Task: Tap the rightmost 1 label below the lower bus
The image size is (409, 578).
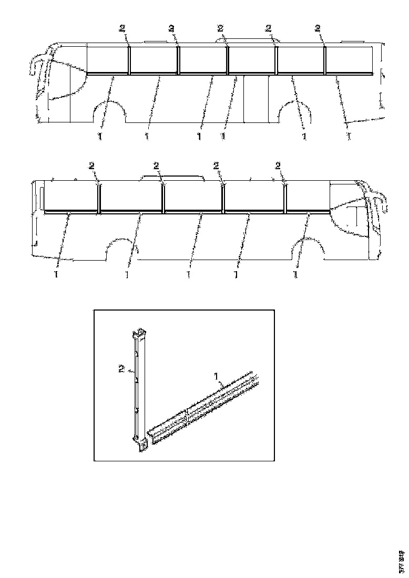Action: tap(295, 274)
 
